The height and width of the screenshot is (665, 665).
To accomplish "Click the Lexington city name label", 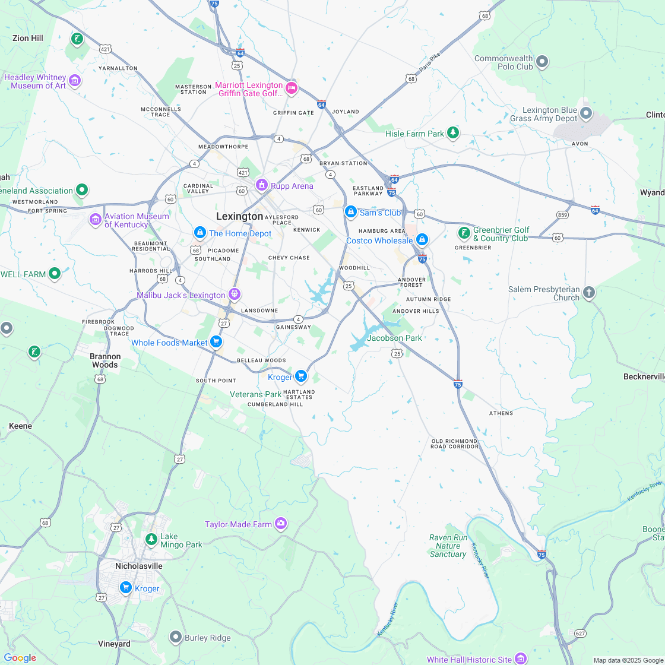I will (x=239, y=216).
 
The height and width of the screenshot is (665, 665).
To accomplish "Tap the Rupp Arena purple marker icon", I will (x=261, y=186).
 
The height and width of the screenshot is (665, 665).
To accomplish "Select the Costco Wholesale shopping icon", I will (x=422, y=240).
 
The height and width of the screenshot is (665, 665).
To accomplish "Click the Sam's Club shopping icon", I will (x=351, y=212).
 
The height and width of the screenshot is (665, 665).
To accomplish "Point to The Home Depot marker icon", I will (x=199, y=233).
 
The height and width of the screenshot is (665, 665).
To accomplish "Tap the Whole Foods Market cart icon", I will (x=216, y=342).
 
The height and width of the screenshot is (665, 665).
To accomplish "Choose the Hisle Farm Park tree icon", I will (x=453, y=133).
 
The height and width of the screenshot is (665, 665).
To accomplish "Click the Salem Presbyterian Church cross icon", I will (x=589, y=293).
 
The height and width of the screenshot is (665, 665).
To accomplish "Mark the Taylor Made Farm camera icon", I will (x=281, y=524).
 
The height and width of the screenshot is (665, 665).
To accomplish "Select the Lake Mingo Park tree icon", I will (x=151, y=540).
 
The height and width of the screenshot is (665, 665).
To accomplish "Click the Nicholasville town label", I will (x=138, y=566).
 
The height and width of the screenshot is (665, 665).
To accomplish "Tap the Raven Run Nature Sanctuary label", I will (x=448, y=546).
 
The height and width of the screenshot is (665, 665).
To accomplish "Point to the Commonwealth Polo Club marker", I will (x=542, y=62).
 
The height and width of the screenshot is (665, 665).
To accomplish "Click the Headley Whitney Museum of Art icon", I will (x=75, y=81).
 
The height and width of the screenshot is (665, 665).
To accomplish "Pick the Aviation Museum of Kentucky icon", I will (x=95, y=220).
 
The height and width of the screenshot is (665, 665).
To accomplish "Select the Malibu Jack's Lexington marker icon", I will (x=235, y=294).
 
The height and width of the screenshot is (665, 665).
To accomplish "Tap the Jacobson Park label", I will (x=394, y=338).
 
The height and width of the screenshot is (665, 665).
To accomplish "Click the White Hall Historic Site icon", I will (x=521, y=658).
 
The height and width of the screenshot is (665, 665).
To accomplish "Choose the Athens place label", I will (x=501, y=413).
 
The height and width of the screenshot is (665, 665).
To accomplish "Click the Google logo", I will (x=20, y=658).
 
